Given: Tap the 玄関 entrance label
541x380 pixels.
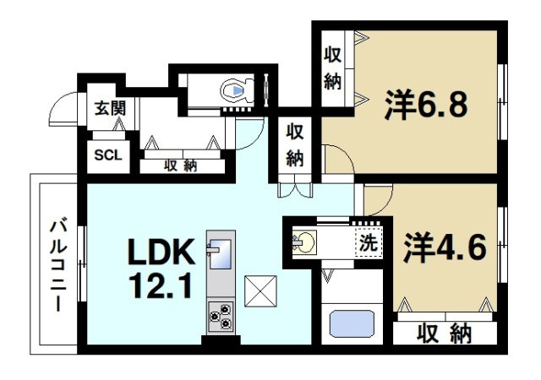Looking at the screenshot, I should point(108,109).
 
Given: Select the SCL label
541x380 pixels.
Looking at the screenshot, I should point(107,155).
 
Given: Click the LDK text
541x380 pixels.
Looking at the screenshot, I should point(161,251).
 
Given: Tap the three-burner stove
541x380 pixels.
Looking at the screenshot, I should point(220,315).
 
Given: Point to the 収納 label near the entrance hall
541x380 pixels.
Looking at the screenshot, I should point(179,166).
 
